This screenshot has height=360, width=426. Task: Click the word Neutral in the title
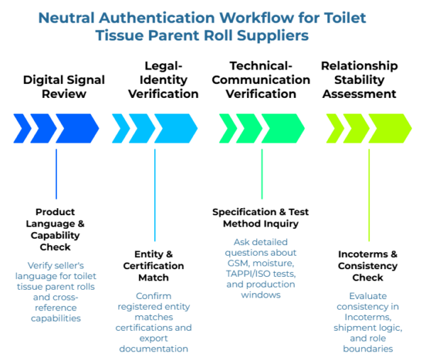click(x=66, y=18)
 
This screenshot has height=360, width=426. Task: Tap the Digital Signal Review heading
click(x=64, y=87)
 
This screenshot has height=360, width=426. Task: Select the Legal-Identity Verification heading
click(x=163, y=80)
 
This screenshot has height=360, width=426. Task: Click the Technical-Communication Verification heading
click(x=261, y=80)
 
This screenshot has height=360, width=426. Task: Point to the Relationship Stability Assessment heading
click(x=359, y=80)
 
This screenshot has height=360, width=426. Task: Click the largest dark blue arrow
click(x=77, y=129)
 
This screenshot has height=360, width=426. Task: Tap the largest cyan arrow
click(x=176, y=129)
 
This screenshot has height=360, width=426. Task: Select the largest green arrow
click(x=283, y=129)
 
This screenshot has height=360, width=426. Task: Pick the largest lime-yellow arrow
click(x=390, y=129)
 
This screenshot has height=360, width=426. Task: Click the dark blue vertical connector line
click(x=56, y=174)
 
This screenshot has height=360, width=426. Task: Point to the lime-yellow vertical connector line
click(x=369, y=195)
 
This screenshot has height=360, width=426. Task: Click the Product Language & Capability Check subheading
click(x=55, y=229)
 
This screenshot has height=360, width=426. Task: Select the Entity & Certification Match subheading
click(x=153, y=266)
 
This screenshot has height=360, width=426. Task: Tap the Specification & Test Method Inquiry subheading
click(x=261, y=217)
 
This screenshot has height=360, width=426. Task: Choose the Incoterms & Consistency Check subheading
click(x=368, y=266)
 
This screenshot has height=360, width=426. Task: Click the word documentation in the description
click(x=153, y=349)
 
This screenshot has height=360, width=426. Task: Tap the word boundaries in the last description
click(x=368, y=349)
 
